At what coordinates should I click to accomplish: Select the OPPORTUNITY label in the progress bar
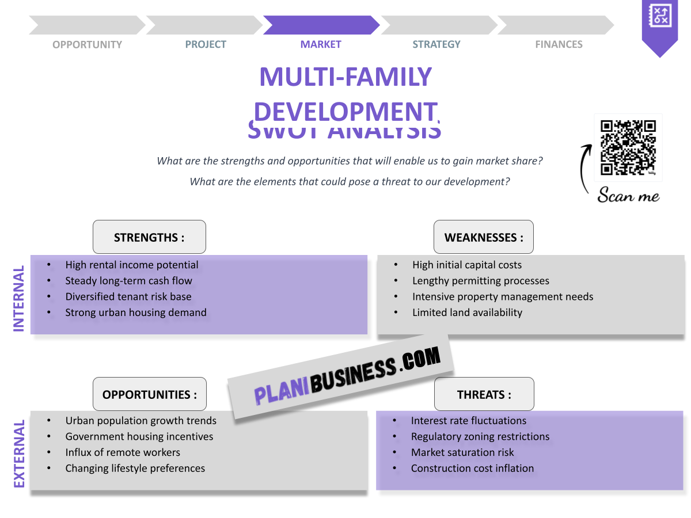click(x=87, y=44)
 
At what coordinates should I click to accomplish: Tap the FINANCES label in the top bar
click(x=559, y=44)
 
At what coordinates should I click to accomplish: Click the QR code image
click(x=628, y=147)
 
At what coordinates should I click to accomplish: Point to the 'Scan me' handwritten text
click(x=628, y=196)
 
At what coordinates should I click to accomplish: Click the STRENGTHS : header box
click(x=149, y=237)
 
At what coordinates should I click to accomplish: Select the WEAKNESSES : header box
click(x=484, y=237)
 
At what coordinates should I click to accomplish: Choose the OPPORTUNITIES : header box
click(x=150, y=394)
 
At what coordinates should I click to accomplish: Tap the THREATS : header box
click(x=484, y=394)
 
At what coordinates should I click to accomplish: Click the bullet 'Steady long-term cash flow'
click(x=128, y=281)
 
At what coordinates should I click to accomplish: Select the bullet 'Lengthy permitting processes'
click(x=480, y=281)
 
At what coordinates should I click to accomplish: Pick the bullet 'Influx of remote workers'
click(x=123, y=452)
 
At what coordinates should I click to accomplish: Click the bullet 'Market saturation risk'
click(x=462, y=452)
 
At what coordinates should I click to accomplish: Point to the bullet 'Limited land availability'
click(x=467, y=313)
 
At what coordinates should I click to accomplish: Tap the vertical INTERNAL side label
click(x=19, y=298)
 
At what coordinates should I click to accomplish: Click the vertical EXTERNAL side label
click(x=19, y=454)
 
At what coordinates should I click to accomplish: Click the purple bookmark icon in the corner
click(x=660, y=26)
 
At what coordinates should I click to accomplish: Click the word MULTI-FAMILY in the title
click(x=345, y=77)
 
